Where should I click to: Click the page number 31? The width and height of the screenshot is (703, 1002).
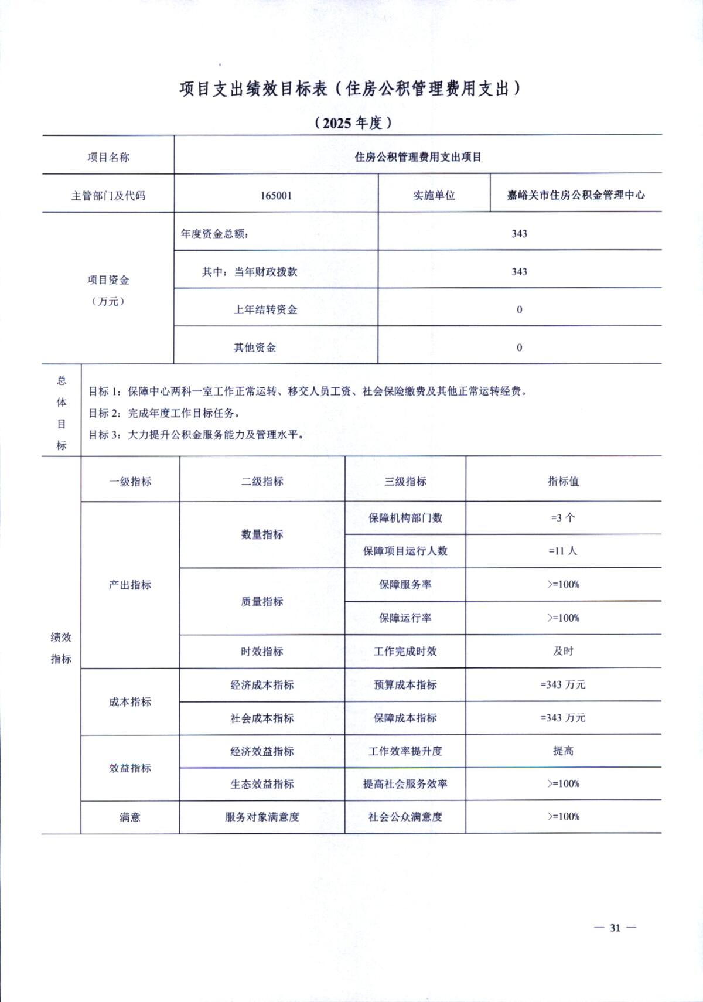tap(615, 928)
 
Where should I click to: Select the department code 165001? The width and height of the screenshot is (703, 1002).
tap(276, 196)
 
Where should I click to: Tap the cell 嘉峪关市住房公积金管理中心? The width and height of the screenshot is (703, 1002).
tap(576, 195)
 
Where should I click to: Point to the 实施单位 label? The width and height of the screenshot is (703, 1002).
tap(434, 196)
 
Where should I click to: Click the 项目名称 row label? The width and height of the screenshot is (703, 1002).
tap(108, 157)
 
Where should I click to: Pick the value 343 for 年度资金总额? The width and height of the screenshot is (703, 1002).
tap(519, 234)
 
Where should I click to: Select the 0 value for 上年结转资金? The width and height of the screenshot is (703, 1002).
tap(519, 310)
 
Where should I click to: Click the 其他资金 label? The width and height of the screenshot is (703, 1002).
tap(255, 347)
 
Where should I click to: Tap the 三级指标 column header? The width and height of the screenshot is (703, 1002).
tap(405, 482)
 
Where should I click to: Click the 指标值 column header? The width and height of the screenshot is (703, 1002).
tap(563, 482)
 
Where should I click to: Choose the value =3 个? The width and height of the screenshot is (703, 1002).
tap(563, 518)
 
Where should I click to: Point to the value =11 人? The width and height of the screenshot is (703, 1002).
tap(563, 551)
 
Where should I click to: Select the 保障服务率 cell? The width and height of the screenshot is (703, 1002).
tap(405, 585)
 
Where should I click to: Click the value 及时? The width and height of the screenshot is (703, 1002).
tap(563, 651)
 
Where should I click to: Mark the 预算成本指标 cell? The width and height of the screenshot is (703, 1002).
tap(405, 684)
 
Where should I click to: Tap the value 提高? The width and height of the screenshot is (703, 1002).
tap(563, 751)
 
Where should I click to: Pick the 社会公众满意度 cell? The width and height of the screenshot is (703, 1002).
tap(405, 817)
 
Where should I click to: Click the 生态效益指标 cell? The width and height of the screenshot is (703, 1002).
tap(262, 784)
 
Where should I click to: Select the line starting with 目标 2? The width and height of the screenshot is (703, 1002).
tap(165, 413)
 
